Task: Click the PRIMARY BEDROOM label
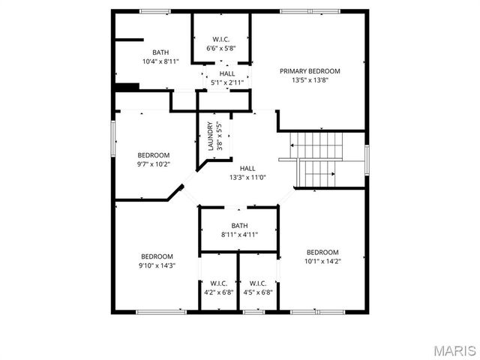click(x=310, y=71)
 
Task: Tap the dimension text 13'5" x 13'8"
click(x=310, y=79)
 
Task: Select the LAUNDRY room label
click(x=211, y=136)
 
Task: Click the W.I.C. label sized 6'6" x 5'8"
click(x=220, y=40)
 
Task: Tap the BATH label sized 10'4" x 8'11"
click(x=160, y=52)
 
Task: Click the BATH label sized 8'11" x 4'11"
click(x=239, y=226)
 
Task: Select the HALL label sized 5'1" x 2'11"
click(x=226, y=73)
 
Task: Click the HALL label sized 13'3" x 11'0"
click(x=247, y=169)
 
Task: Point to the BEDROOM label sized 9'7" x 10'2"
click(x=153, y=155)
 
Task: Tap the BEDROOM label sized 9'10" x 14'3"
click(x=157, y=256)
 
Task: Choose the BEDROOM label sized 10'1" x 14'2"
click(x=322, y=253)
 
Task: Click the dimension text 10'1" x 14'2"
click(x=322, y=262)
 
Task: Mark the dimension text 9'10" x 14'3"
click(x=157, y=265)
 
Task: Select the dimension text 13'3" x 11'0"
click(x=247, y=178)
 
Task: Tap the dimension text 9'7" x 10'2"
click(x=153, y=164)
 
